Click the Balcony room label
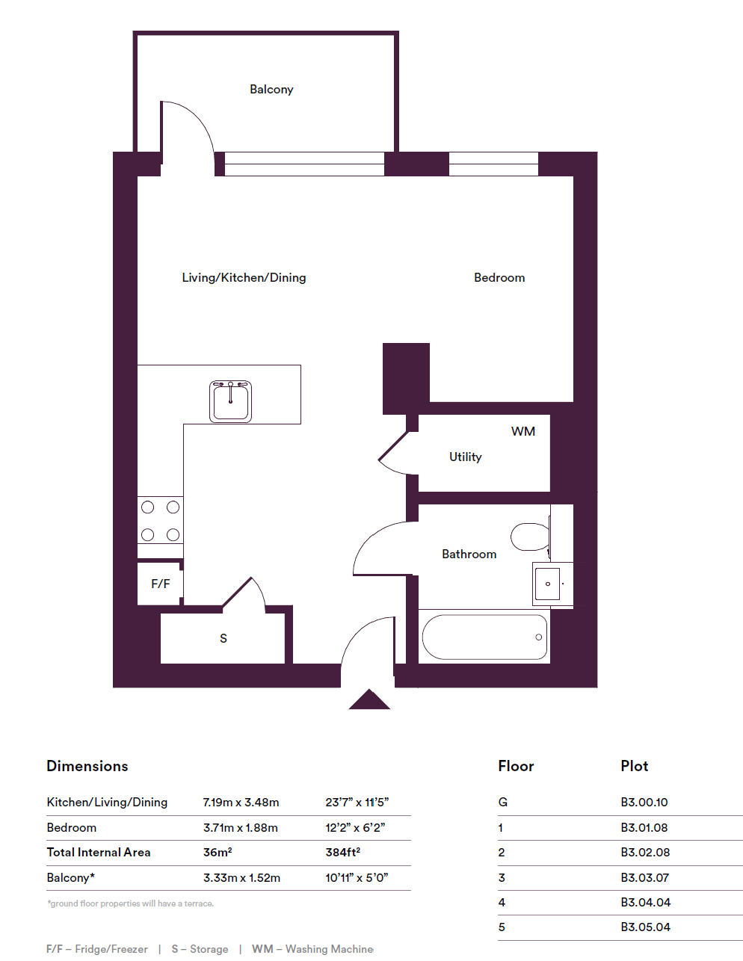(x=271, y=90)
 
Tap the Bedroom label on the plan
(x=499, y=278)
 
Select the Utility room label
(x=465, y=457)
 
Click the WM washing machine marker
(x=522, y=432)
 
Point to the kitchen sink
(x=230, y=401)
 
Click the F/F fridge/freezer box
(x=160, y=584)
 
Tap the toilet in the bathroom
(x=530, y=537)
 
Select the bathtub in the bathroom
(x=484, y=637)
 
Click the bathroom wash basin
(x=547, y=584)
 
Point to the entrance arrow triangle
(x=369, y=700)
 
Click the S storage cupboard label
(x=223, y=639)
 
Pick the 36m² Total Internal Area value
(x=218, y=852)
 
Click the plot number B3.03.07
(x=644, y=877)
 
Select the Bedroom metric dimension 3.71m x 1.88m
(x=241, y=828)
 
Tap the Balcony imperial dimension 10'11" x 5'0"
(x=357, y=878)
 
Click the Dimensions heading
(x=87, y=766)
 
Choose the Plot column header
(x=634, y=766)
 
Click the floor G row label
(x=503, y=803)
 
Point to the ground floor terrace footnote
(x=131, y=903)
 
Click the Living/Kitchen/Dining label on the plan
(x=244, y=278)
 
